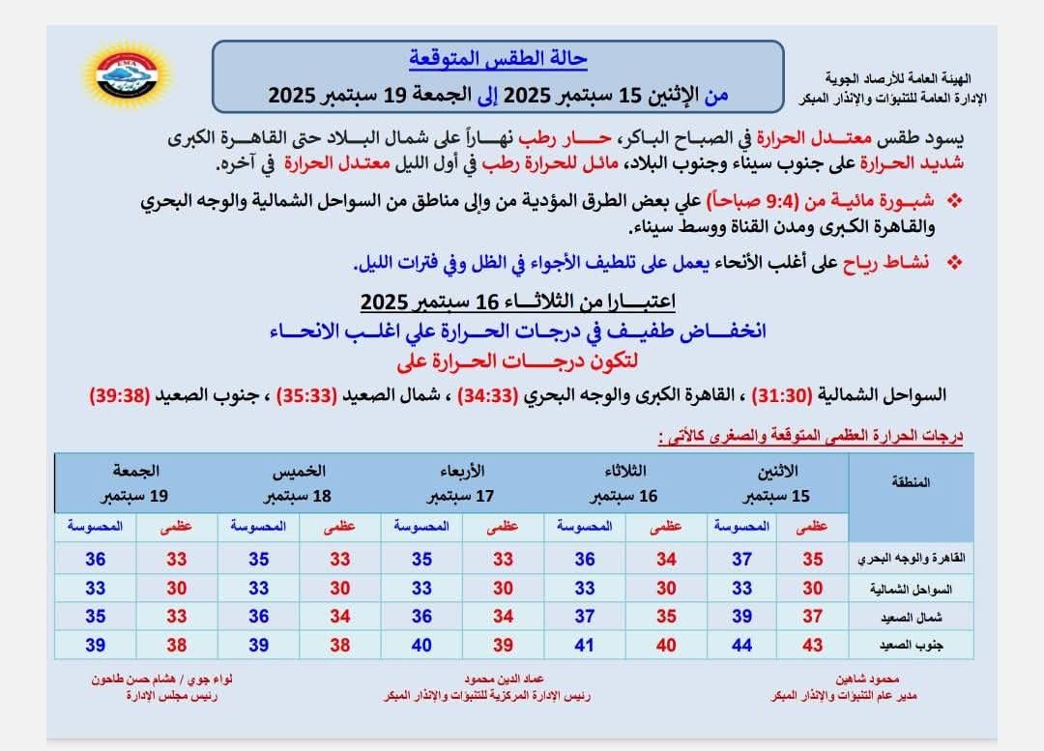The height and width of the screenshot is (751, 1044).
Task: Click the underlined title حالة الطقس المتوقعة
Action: click(499, 59)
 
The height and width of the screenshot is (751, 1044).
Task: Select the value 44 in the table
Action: click(741, 645)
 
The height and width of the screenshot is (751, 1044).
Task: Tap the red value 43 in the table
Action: click(812, 645)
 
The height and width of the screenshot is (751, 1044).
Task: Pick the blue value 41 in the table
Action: click(585, 645)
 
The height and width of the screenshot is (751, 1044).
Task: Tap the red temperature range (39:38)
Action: click(119, 395)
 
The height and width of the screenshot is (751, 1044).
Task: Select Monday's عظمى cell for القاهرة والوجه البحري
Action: click(812, 559)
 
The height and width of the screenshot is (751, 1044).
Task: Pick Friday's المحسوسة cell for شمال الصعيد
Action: click(96, 617)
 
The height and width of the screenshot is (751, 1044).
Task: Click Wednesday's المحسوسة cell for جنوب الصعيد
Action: click(422, 645)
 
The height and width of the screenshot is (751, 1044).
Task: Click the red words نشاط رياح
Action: click(880, 263)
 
